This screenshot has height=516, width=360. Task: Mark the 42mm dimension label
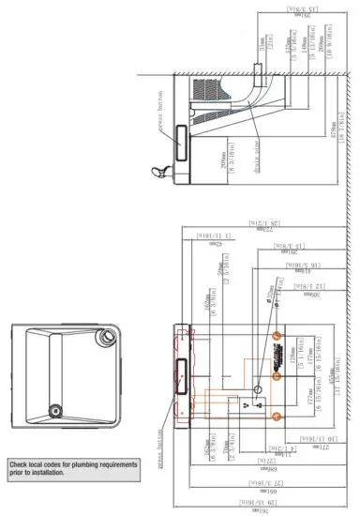tap(216, 245)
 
